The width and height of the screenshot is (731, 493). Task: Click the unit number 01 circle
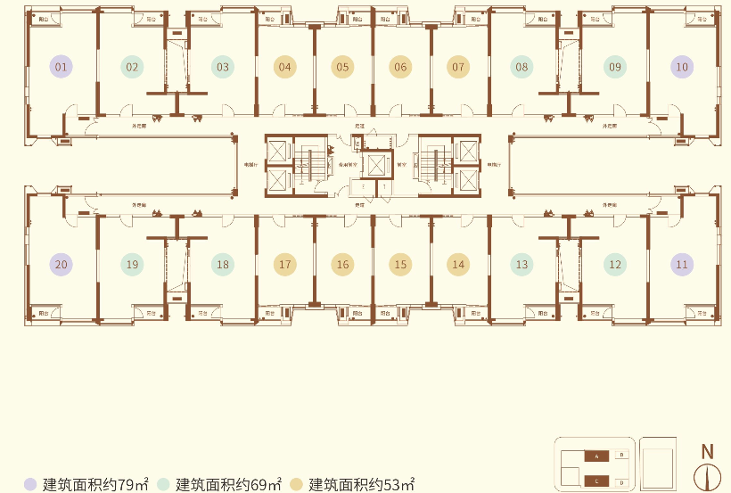point(62,67)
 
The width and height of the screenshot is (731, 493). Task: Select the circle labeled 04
point(284,67)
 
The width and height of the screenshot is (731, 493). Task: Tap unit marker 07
point(458,67)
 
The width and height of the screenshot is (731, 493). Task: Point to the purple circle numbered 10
point(682,67)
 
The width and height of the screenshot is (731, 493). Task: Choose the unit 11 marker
point(682,264)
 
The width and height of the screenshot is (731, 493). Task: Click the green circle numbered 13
point(522,264)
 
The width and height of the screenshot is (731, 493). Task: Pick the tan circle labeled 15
point(400,264)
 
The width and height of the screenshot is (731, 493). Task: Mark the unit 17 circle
point(284,264)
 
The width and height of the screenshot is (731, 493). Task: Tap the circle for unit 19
point(132,264)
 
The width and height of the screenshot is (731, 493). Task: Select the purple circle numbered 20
point(62,264)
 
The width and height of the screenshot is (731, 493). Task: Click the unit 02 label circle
point(132,67)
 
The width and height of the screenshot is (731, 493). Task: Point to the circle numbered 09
point(614,67)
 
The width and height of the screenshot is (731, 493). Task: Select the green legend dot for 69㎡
point(164,484)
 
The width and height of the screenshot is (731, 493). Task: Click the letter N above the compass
point(707,452)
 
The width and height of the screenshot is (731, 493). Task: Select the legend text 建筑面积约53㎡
point(362,485)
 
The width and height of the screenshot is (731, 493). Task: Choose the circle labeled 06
point(400,67)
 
